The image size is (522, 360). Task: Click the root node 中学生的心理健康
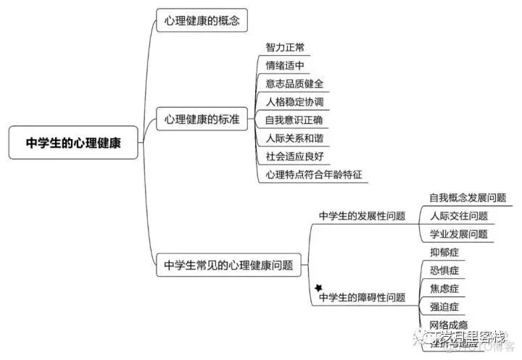point(73,143)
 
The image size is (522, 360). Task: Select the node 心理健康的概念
point(202,20)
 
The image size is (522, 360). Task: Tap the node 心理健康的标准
point(202,119)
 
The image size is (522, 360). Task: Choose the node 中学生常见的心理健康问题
point(228,265)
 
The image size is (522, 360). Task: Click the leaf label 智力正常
point(285,47)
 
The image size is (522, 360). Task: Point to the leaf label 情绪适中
point(285,65)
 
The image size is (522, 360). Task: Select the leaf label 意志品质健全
point(294,83)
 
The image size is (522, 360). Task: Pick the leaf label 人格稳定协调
point(294,101)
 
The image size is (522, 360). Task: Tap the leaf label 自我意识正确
point(294,120)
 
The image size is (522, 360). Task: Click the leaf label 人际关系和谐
point(294,138)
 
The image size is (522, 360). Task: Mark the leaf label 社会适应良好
point(294,156)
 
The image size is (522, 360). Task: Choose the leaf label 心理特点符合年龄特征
point(313,174)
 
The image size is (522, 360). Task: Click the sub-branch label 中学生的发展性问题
point(362,216)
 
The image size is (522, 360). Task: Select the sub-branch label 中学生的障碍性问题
point(362,298)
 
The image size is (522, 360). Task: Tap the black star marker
point(318,288)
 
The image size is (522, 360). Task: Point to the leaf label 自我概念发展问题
point(468,197)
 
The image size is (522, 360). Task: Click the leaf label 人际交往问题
point(458,216)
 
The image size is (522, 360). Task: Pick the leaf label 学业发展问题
point(458,234)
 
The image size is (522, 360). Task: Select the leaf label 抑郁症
point(444,252)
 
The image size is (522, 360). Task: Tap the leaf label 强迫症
point(444,306)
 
